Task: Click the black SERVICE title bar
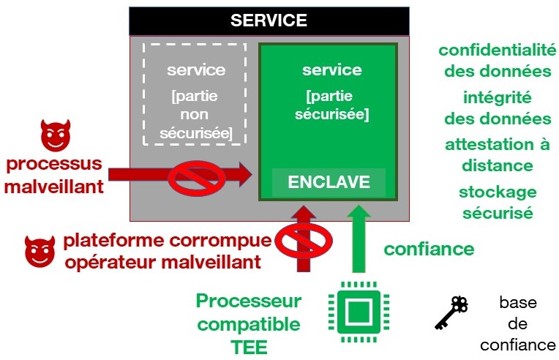click(269, 20)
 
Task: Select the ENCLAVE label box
click(329, 182)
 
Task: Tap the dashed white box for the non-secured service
click(193, 93)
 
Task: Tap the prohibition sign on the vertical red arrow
click(301, 239)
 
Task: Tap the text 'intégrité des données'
click(496, 108)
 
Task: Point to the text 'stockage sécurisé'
click(496, 203)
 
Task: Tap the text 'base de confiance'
click(517, 323)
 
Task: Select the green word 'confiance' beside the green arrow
click(429, 249)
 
